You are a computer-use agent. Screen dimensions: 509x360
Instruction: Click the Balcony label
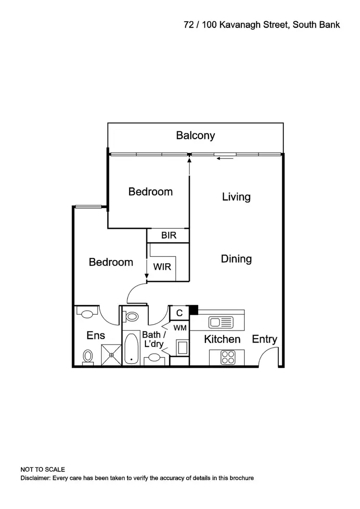[x=195, y=135]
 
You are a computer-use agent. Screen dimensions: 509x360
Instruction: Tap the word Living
[x=236, y=197]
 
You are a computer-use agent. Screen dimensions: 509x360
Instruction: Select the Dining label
[x=236, y=259]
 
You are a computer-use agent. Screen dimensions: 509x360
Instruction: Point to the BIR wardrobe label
[x=168, y=236]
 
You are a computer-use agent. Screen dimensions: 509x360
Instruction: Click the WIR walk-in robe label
[x=162, y=266]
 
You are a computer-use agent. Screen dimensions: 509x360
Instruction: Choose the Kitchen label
[x=222, y=340]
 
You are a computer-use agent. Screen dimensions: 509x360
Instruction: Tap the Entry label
[x=264, y=340]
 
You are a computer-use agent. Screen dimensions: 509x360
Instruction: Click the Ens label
[x=96, y=335]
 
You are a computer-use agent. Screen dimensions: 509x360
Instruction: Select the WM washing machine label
[x=180, y=328]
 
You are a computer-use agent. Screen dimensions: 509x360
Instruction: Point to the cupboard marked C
[x=180, y=313]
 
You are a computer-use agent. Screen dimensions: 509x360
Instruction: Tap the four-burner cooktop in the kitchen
[x=227, y=357]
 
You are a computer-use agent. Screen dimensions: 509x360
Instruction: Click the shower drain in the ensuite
[x=111, y=355]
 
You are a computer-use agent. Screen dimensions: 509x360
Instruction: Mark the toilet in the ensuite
[x=87, y=356]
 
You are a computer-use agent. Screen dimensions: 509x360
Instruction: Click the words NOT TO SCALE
[x=42, y=469]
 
